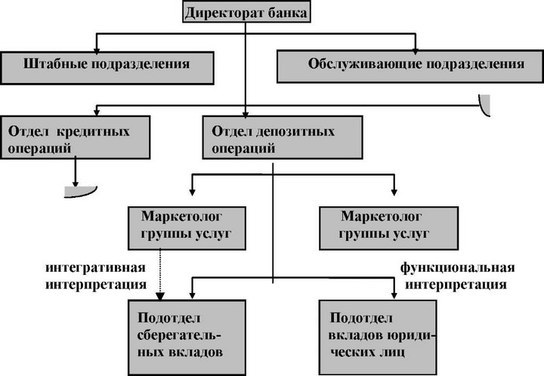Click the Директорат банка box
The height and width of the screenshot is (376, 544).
[x=246, y=13]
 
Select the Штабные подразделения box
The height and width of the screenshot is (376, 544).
[x=107, y=68]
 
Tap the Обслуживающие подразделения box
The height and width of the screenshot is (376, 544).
[x=410, y=66]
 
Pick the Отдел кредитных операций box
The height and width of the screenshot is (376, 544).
[x=76, y=137]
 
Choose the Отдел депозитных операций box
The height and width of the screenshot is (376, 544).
[x=283, y=137]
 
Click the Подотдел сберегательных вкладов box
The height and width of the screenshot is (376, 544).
[x=187, y=337]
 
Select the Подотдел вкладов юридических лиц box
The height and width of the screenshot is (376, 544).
[x=378, y=337]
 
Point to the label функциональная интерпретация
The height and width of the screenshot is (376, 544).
[x=457, y=276]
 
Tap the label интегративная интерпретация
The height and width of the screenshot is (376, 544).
[x=96, y=276]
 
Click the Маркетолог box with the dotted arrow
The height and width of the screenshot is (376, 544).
[x=187, y=228]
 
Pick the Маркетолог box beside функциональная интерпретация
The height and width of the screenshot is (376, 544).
[x=388, y=228]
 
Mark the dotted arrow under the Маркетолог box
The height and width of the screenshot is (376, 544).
[x=160, y=274]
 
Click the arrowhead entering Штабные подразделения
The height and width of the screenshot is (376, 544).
[x=97, y=50]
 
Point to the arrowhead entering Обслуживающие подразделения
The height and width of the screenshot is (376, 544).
[x=415, y=51]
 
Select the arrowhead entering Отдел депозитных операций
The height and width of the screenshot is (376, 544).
[x=246, y=115]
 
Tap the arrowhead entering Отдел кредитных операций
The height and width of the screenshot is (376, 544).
[x=97, y=112]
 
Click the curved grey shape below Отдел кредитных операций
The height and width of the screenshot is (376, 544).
[x=81, y=193]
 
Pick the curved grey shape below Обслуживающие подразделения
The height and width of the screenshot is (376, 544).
[x=485, y=106]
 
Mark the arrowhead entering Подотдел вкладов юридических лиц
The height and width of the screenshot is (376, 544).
[x=394, y=294]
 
